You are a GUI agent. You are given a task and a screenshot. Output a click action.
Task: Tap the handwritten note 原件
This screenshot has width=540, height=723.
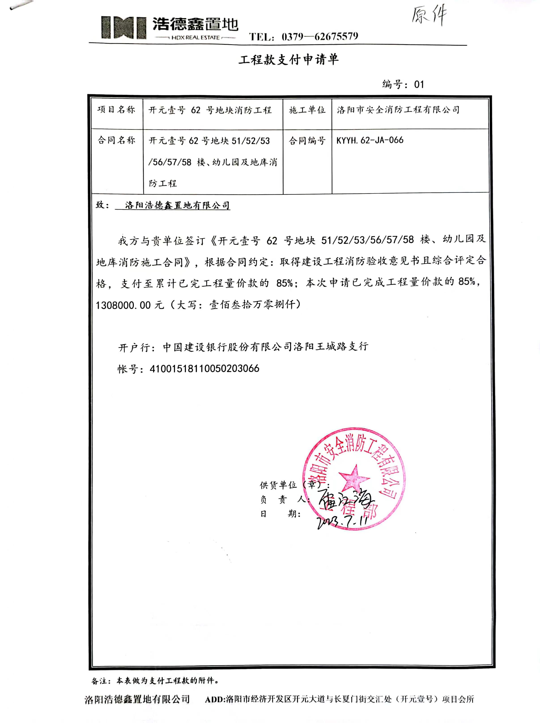(x=429, y=15)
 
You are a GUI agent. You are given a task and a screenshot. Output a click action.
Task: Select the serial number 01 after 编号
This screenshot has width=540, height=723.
(x=419, y=85)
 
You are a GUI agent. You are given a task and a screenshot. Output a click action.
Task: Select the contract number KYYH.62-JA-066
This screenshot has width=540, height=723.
(x=370, y=140)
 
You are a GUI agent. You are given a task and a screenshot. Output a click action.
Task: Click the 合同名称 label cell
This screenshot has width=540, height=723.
(x=116, y=140)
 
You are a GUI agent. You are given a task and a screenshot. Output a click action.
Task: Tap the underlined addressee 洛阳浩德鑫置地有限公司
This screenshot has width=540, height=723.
(x=177, y=205)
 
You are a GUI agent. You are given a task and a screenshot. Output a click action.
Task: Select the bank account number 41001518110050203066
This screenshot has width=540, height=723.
(x=204, y=369)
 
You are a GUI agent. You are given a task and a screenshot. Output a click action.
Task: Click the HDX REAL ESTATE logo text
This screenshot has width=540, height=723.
(x=196, y=38)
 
